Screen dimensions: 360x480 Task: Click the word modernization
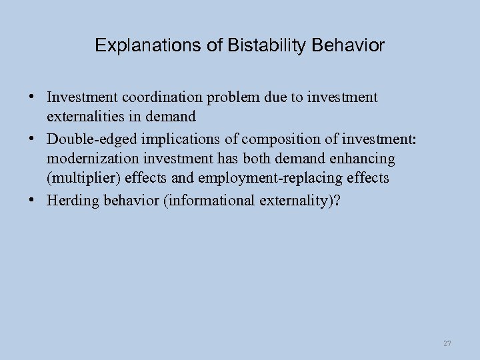pos(89,159)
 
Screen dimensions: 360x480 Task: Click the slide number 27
pos(447,343)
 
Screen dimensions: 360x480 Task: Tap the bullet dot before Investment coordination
pos(32,96)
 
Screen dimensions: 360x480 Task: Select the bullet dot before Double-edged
pos(32,139)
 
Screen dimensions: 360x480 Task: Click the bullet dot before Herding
pos(32,200)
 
